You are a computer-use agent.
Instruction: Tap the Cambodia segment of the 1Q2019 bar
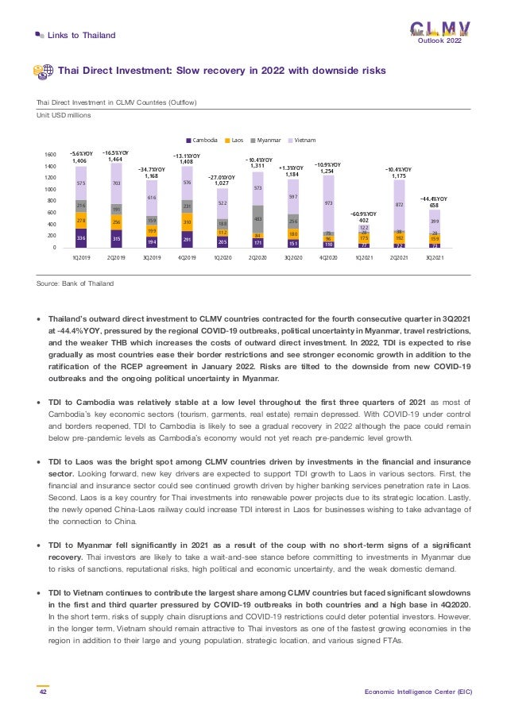[x=80, y=237]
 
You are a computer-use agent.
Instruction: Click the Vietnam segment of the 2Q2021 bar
[x=398, y=205]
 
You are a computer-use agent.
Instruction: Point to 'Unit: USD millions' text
[x=64, y=115]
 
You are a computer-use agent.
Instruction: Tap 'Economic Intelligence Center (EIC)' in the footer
[x=418, y=692]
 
